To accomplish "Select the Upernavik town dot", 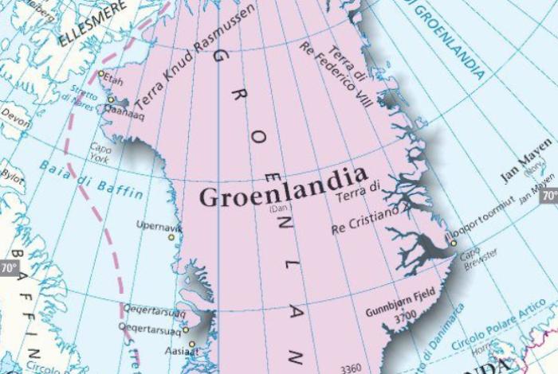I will pos(171,236).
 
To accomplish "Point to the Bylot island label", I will pos(13,173).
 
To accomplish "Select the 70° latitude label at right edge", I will pos(549,195).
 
